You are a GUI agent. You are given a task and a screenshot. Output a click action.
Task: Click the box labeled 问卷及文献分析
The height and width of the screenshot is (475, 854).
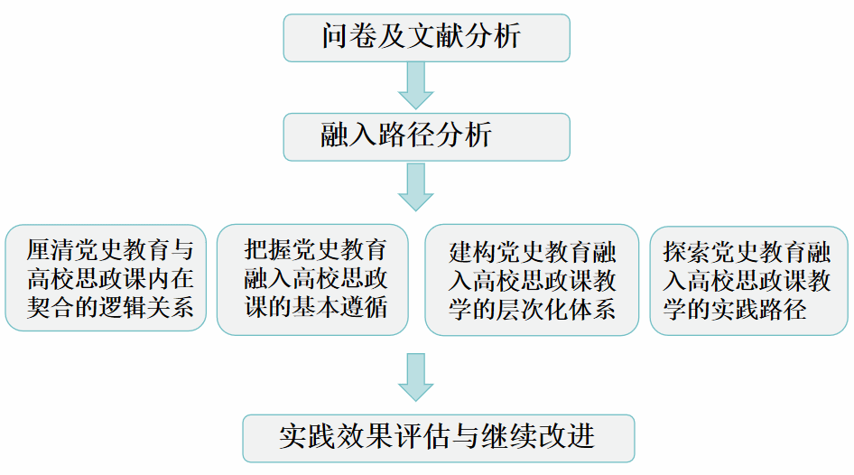point(426,37)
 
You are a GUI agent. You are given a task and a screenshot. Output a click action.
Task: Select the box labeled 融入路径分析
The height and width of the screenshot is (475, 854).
point(426,136)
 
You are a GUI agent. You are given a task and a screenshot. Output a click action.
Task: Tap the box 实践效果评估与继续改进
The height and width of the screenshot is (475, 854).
point(438,437)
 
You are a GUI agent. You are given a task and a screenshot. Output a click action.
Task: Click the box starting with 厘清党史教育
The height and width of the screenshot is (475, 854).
point(107,278)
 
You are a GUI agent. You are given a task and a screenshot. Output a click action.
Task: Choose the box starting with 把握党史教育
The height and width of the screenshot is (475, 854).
point(312,278)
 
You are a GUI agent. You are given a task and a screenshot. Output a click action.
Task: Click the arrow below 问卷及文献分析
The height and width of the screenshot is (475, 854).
point(416,86)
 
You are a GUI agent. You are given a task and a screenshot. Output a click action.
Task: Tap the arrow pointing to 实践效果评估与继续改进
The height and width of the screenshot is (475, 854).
point(416,377)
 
